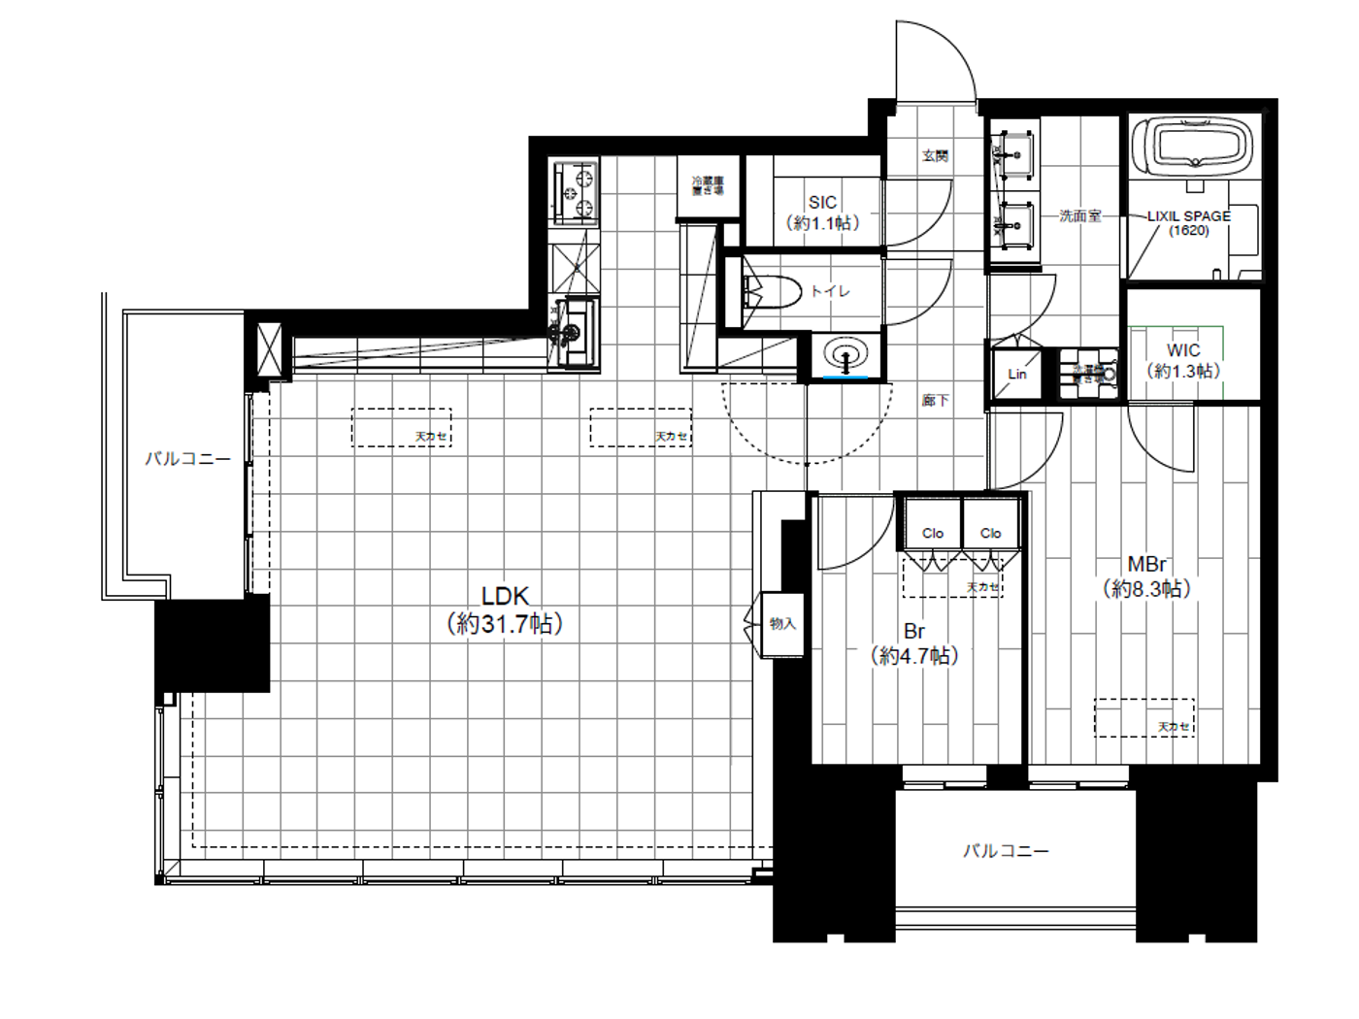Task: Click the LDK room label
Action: click(x=505, y=596)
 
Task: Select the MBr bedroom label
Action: click(x=1146, y=564)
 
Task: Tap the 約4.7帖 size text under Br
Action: click(x=914, y=656)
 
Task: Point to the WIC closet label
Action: click(x=1183, y=350)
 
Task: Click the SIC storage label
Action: click(x=822, y=202)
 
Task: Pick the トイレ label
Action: click(x=831, y=290)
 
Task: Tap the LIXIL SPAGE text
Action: click(x=1188, y=216)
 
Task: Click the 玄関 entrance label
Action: click(x=935, y=155)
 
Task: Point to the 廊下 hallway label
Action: click(x=936, y=400)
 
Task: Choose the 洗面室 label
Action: click(x=1079, y=215)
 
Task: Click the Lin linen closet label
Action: click(x=1016, y=374)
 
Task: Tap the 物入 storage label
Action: click(x=782, y=624)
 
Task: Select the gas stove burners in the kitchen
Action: click(x=575, y=192)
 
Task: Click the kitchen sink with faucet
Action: click(x=573, y=330)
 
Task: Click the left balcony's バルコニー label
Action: click(x=188, y=458)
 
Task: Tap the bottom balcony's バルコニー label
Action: click(x=1006, y=851)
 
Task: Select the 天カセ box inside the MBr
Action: click(x=1144, y=718)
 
